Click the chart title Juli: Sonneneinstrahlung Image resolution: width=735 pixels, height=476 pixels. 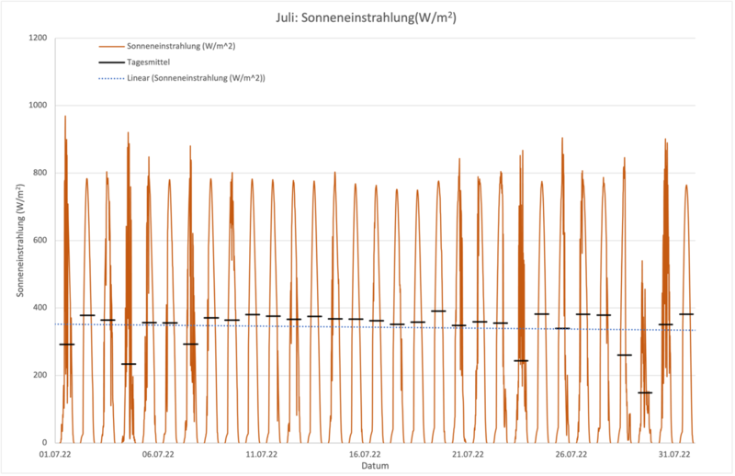coord(367,17)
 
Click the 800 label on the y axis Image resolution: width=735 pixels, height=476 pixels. coord(39,173)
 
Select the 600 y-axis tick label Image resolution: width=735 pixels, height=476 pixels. coord(39,241)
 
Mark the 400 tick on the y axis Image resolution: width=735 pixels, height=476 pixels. coord(39,308)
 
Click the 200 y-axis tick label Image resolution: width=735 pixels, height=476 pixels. coord(39,375)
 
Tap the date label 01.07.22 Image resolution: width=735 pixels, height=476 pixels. coord(56,454)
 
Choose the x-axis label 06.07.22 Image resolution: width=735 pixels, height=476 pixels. coord(159,454)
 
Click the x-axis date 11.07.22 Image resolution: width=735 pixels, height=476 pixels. coord(262,454)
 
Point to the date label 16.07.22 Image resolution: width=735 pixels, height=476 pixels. coord(365,454)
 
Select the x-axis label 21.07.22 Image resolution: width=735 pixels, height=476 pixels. coord(468,454)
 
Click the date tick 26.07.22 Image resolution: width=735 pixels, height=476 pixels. coord(571,454)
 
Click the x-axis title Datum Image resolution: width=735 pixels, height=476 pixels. coord(374,466)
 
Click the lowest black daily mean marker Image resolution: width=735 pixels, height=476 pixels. coord(645,392)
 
